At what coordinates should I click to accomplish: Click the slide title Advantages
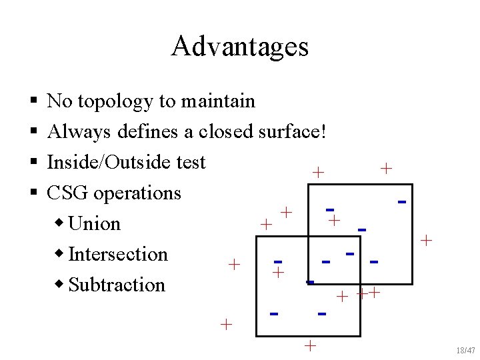pos(239,47)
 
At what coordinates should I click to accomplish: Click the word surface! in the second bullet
pos(291,132)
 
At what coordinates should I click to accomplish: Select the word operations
pos(137,193)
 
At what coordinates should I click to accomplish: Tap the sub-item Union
pos(95,224)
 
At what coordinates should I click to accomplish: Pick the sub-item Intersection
pos(118,255)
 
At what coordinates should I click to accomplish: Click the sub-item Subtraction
pos(117,285)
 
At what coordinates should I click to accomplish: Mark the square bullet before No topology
pos(33,102)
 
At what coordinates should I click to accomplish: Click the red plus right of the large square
pos(427,239)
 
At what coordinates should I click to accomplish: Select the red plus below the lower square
pos(309,345)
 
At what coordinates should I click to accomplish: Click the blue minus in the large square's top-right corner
pos(401,201)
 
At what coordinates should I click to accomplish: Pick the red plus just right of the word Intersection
pos(234,264)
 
